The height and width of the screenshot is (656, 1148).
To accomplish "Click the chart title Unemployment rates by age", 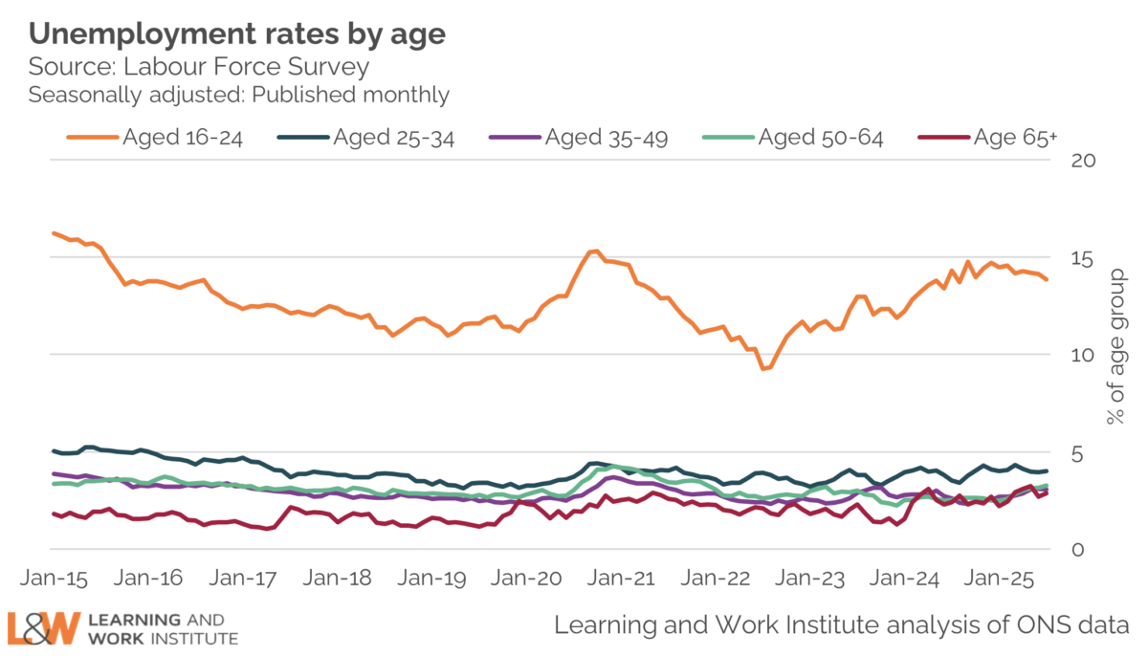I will pos(237,33).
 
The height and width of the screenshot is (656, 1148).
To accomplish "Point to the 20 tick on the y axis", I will pos(1082,160).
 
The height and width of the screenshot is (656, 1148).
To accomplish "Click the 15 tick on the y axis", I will pos(1082,257).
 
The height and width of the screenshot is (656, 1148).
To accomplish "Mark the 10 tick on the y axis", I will pos(1082,355).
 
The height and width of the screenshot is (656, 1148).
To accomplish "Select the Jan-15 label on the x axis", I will pos(55,579).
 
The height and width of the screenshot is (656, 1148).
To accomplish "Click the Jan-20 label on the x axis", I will pos(527,579).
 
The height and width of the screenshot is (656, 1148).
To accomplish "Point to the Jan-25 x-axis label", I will pos(1000,579).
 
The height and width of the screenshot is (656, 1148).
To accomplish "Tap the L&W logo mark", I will pos(42,627).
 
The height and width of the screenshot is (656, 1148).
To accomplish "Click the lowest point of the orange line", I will pos(763,368).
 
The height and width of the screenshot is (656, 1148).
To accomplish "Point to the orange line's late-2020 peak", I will pos(594,251).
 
